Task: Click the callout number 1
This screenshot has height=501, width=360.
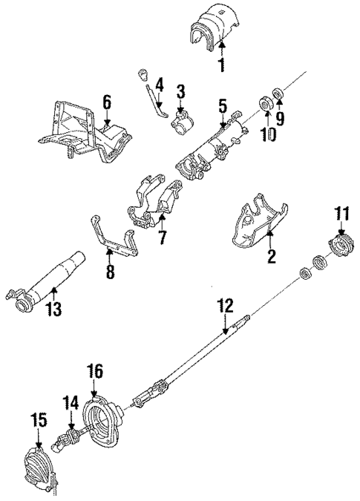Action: [220, 66]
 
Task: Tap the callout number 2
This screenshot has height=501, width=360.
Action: [271, 258]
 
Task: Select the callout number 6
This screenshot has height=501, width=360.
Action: [106, 101]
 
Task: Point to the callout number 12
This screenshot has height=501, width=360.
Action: [225, 304]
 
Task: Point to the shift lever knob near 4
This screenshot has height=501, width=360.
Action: [144, 76]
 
